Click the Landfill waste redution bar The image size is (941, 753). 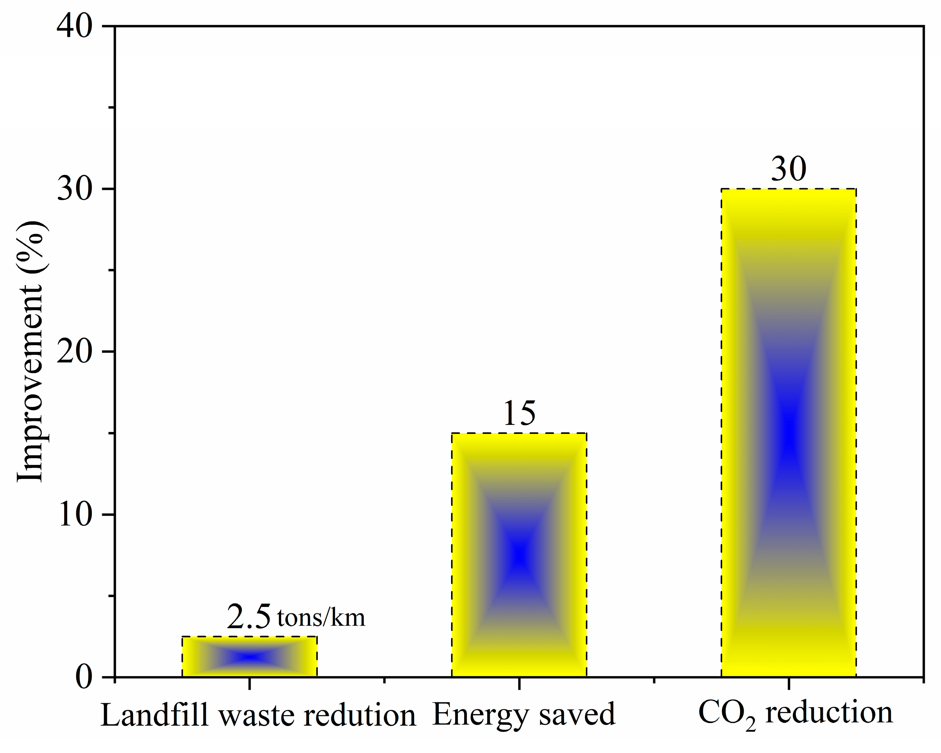[x=249, y=657]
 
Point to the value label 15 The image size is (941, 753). [x=519, y=413]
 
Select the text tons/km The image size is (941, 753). [x=321, y=618]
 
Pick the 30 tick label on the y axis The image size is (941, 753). [x=75, y=189]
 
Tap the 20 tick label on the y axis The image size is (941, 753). [x=75, y=352]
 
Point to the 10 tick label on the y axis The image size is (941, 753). [x=75, y=514]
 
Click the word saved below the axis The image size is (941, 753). [x=577, y=715]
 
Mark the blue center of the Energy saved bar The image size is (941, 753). [x=519, y=555]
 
